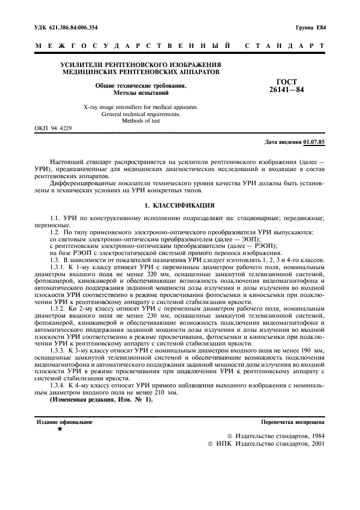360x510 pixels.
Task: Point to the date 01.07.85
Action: click(314, 142)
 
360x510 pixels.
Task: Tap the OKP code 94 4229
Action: click(52, 128)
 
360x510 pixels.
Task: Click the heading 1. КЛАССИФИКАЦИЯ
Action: click(180, 205)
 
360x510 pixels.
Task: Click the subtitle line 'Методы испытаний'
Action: click(141, 93)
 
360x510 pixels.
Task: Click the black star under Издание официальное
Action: click(59, 429)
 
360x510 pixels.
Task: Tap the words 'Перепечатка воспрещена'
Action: click(293, 422)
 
